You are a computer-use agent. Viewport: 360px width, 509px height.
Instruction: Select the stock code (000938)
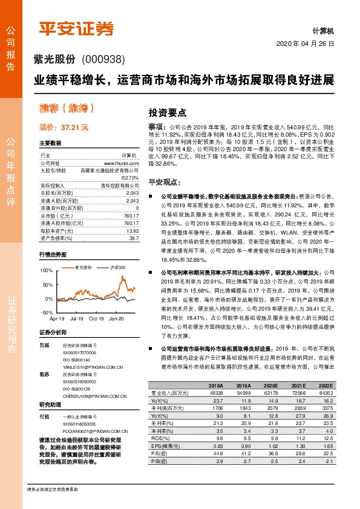click(x=104, y=59)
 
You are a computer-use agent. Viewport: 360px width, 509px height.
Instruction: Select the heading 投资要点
click(x=167, y=112)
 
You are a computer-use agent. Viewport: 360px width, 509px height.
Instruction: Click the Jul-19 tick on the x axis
click(x=76, y=318)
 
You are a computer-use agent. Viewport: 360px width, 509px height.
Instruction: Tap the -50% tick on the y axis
click(x=47, y=312)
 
